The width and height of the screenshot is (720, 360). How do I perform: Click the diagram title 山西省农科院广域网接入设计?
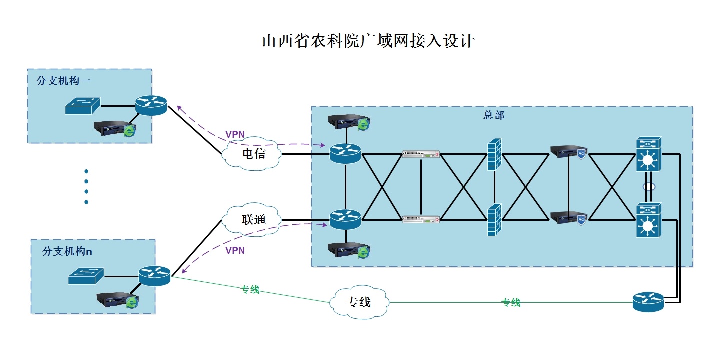tap(368, 41)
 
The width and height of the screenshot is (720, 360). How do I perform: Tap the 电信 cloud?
tap(253, 154)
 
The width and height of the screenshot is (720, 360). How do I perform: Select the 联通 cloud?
tap(253, 219)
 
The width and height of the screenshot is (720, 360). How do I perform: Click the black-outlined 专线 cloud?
tap(359, 302)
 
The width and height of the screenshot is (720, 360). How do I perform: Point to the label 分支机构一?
tap(63, 80)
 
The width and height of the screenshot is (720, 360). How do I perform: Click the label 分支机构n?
tap(67, 251)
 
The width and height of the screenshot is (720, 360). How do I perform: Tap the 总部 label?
tap(494, 115)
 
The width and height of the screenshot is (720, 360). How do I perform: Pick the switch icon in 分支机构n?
tap(86, 276)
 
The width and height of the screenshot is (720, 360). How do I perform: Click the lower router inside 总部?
tap(345, 219)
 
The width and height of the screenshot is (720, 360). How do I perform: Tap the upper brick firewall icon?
tap(494, 154)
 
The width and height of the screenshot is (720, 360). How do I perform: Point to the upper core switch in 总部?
tap(648, 155)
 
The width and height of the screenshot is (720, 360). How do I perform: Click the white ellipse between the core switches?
tap(648, 187)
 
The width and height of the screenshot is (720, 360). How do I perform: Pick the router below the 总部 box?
tap(648, 302)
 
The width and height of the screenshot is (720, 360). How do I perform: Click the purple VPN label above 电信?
tap(235, 134)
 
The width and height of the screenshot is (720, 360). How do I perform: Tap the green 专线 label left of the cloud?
tap(250, 289)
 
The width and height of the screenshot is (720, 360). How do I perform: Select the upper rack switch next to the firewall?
tap(421, 154)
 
